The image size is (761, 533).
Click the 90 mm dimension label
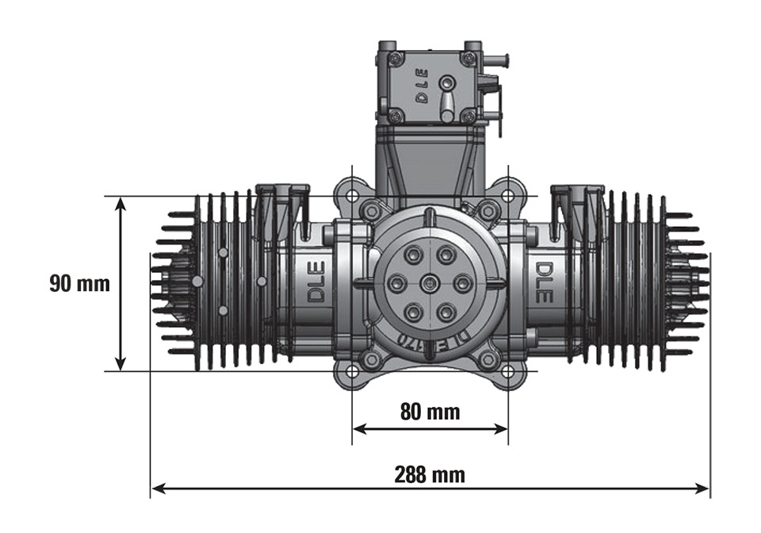pos(79,284)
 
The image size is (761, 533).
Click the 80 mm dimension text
pos(430,412)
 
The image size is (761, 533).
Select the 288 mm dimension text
pos(430,475)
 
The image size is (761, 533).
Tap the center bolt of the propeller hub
pos(430,282)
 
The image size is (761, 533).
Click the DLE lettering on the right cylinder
pos(544,283)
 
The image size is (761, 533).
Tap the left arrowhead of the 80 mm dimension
pos(358,428)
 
